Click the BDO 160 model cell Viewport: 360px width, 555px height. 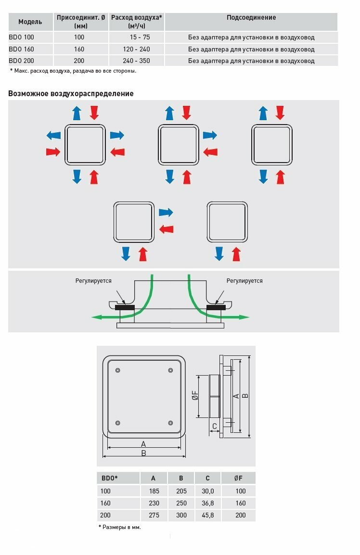point(22,49)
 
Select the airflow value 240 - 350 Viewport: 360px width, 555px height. point(137,61)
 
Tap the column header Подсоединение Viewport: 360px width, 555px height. point(251,17)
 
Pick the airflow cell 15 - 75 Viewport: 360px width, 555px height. point(137,37)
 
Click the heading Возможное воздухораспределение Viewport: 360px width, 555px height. point(71,94)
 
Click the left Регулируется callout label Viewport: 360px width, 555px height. point(93,281)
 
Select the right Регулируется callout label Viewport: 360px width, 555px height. point(244,281)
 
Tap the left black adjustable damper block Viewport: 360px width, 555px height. point(125,307)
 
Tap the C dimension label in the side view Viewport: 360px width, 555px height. point(215,426)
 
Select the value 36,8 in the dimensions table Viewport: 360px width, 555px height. point(207,503)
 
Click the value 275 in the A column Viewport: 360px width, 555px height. point(153,515)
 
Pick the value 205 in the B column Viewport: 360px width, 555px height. point(181,491)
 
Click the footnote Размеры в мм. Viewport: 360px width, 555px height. point(119,527)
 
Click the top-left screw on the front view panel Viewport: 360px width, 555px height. point(118,370)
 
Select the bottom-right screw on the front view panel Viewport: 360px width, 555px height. point(171,423)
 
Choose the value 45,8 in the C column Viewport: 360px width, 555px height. point(207,515)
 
